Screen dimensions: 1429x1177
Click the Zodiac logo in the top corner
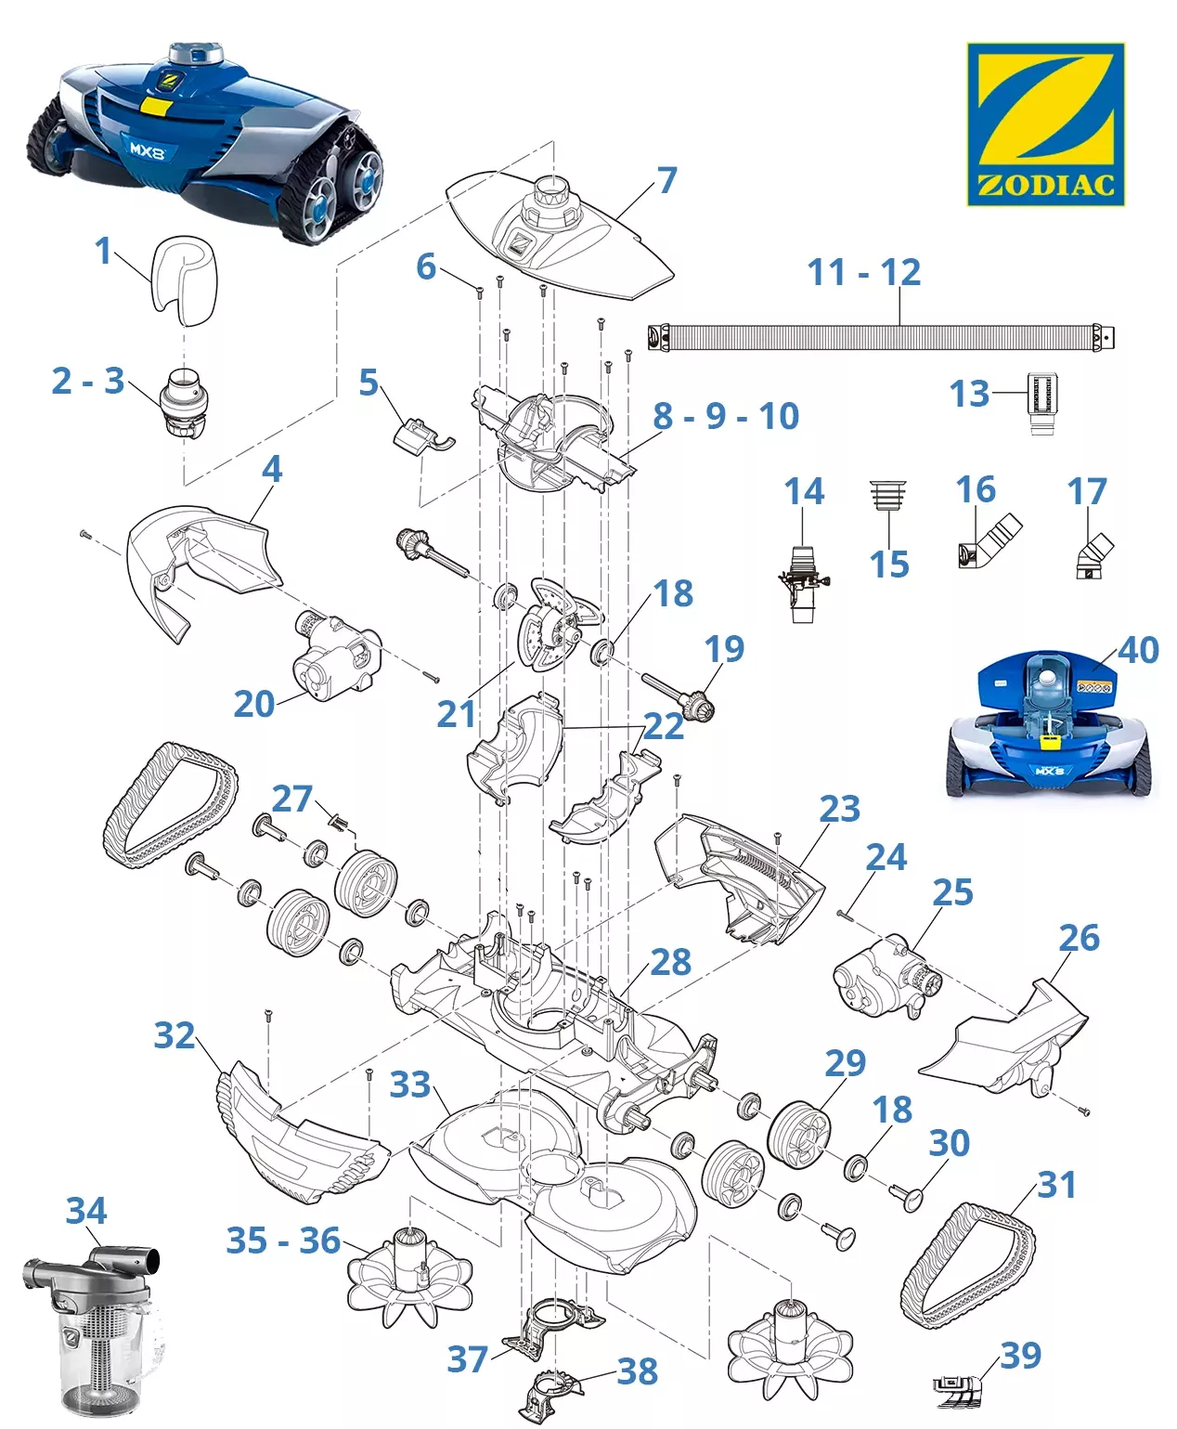coord(1045,123)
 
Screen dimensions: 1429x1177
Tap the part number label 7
coord(666,180)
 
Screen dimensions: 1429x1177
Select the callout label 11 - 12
coord(863,273)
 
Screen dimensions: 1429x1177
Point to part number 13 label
coord(969,395)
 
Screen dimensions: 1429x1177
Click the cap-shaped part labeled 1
coord(185,279)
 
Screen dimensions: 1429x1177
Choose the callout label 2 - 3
coord(88,381)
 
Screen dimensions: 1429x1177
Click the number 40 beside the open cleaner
coord(1138,650)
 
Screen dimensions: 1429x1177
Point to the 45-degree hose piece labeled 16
coord(989,542)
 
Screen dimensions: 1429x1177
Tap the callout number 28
coord(670,963)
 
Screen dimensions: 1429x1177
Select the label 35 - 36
coord(283,1241)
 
